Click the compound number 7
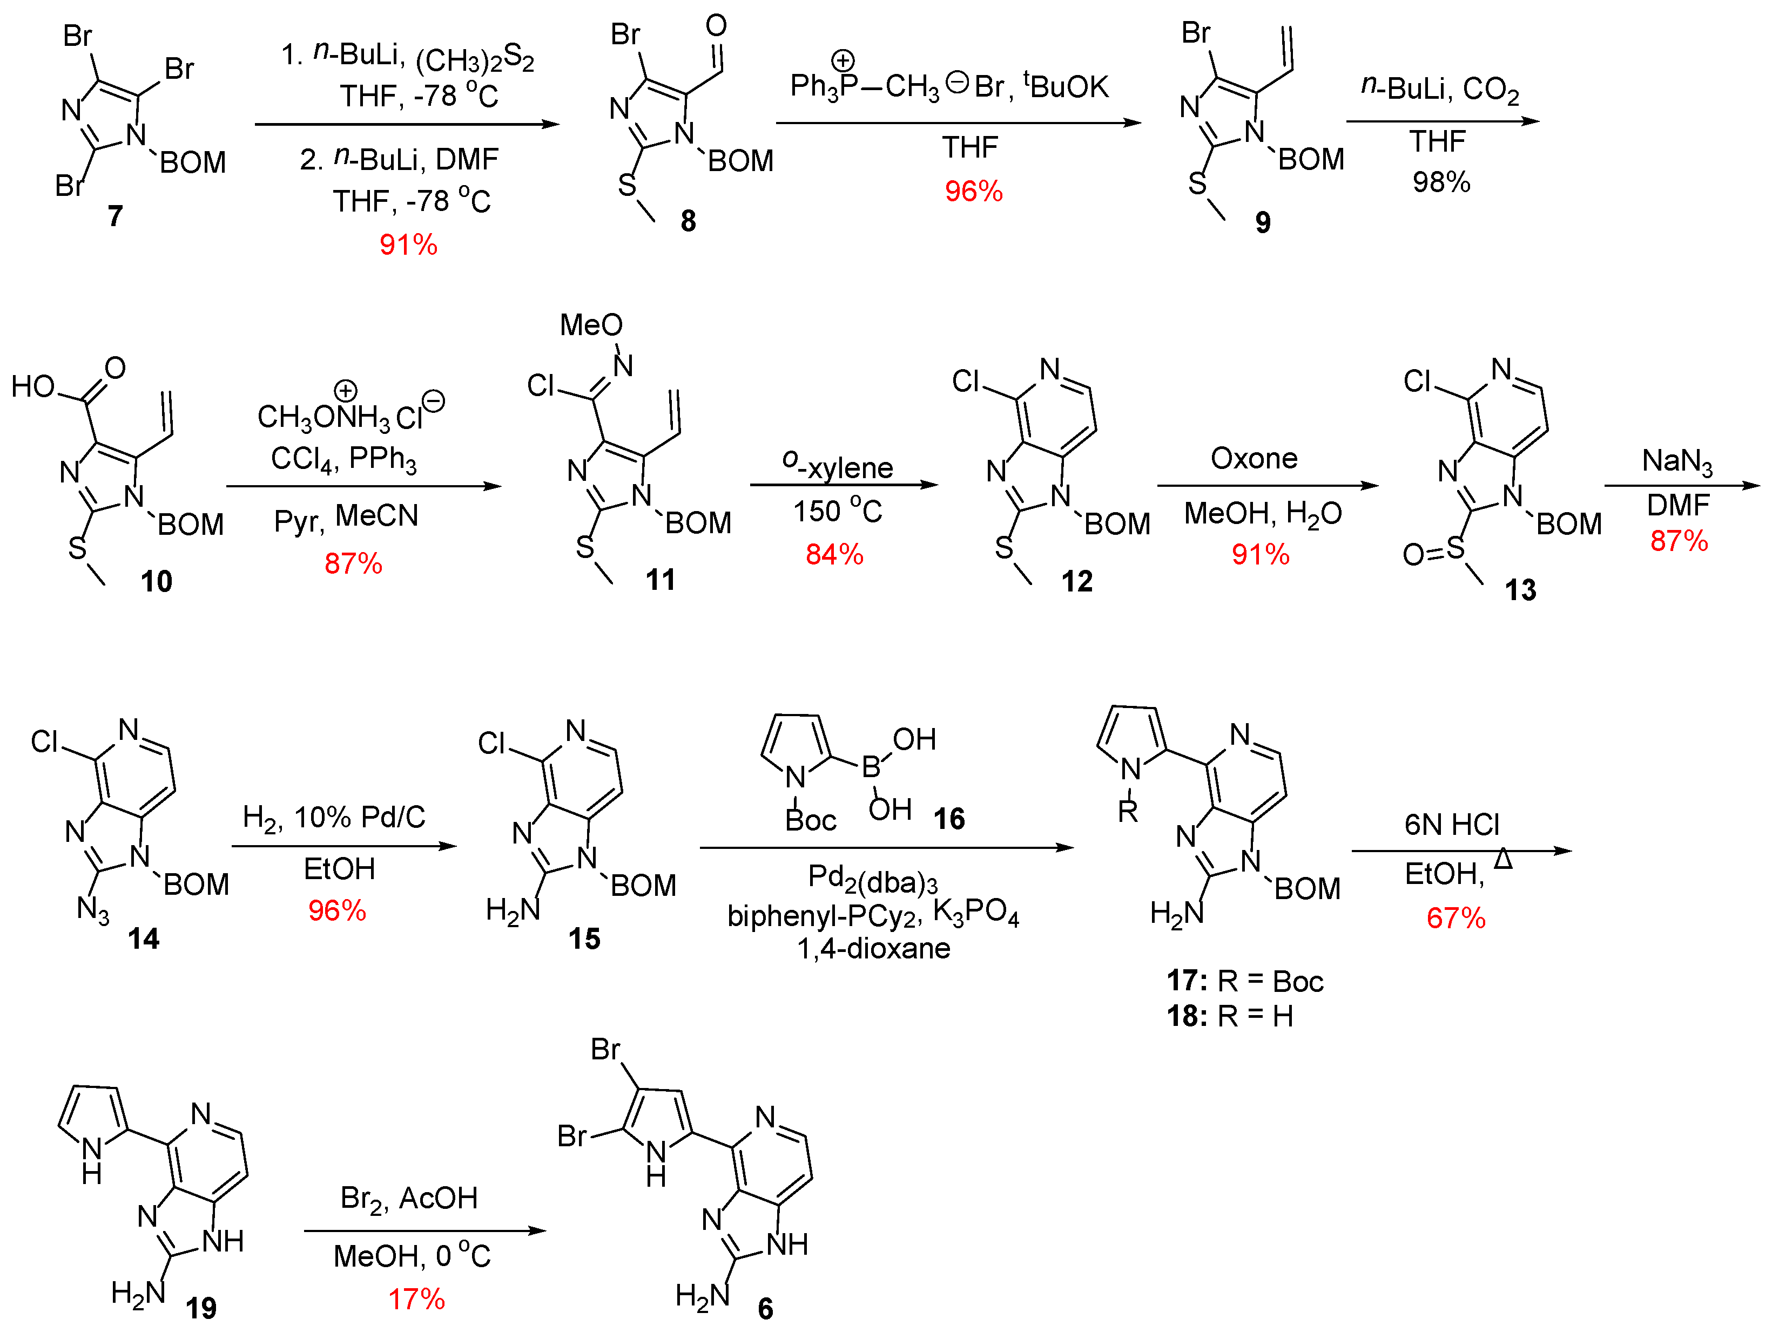pos(116,215)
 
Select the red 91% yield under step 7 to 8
pos(408,244)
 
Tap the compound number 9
pos(1263,222)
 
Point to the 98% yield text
pos(1441,182)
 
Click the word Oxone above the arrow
pos(1254,458)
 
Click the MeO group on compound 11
pos(591,325)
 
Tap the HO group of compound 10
pos(32,386)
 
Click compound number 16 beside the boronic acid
pos(949,819)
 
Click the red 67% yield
pos(1455,918)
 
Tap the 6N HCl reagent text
pos(1452,825)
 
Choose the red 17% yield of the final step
pos(416,1299)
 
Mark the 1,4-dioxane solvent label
pos(873,949)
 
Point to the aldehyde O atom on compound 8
pos(716,26)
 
